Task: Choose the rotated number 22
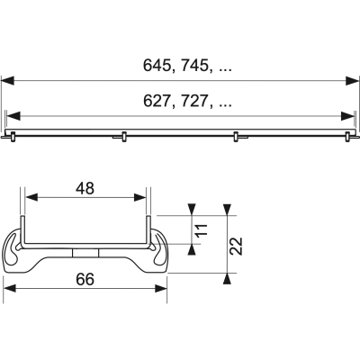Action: click(237, 245)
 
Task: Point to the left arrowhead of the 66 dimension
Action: click(11, 290)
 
